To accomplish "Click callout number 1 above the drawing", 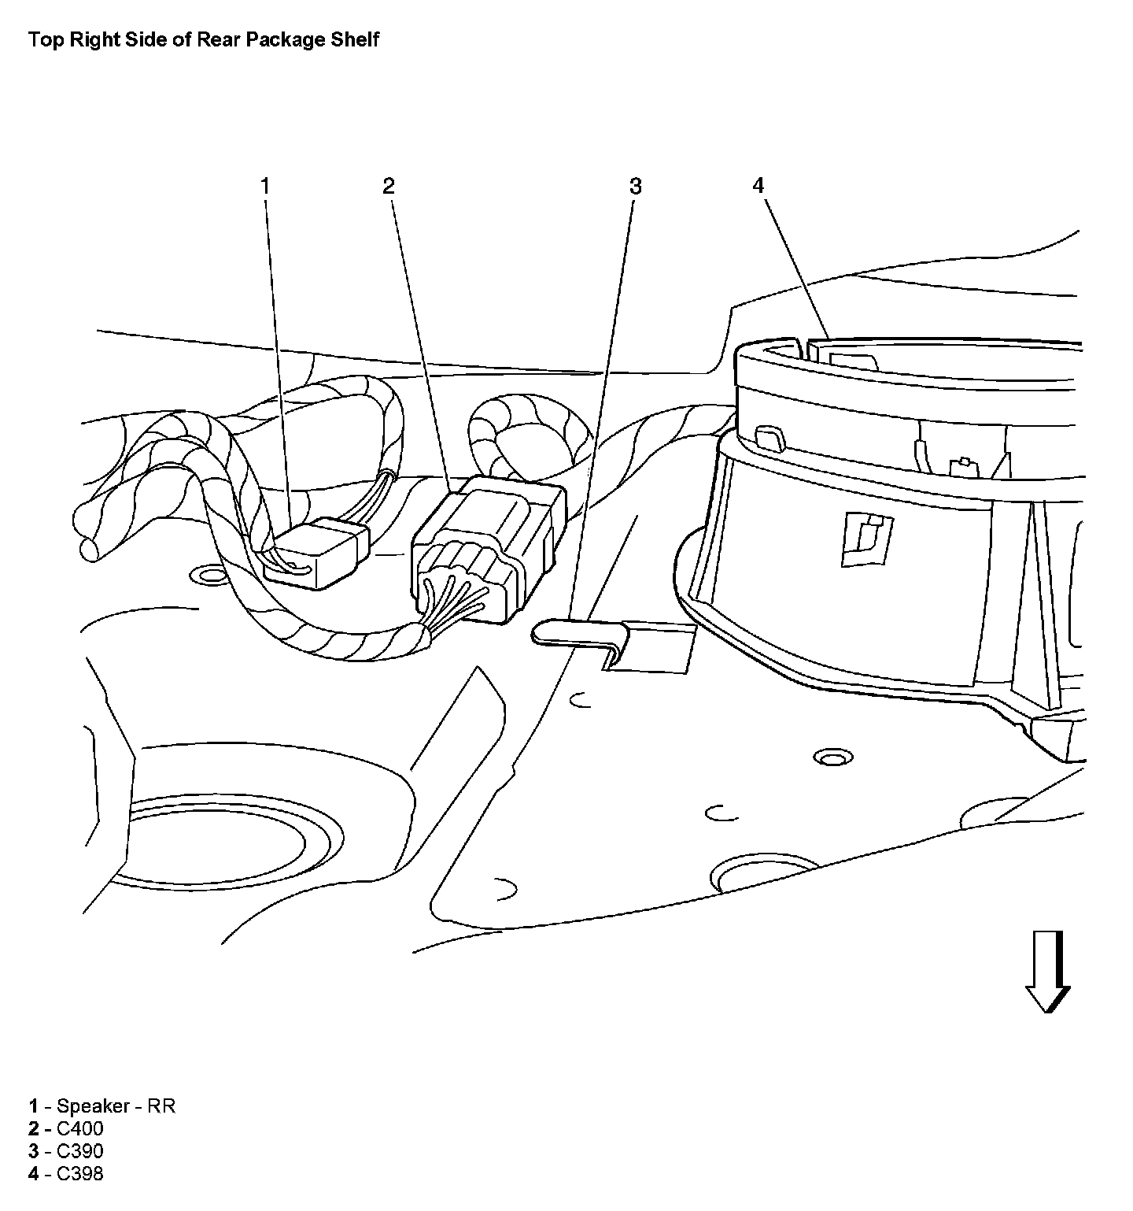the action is pyautogui.click(x=265, y=186).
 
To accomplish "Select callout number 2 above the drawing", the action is pyautogui.click(x=389, y=186).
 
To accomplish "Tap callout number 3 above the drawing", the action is pyautogui.click(x=635, y=187).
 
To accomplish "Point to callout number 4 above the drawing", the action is pyautogui.click(x=758, y=186).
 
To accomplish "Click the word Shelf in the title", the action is pyautogui.click(x=356, y=39).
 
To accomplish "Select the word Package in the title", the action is pyautogui.click(x=286, y=39).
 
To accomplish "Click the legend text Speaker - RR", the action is pyautogui.click(x=116, y=1105).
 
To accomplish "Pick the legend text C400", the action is pyautogui.click(x=80, y=1128).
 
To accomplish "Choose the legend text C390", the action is pyautogui.click(x=80, y=1151).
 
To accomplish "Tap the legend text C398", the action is pyautogui.click(x=80, y=1174).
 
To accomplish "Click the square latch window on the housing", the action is pyautogui.click(x=865, y=539).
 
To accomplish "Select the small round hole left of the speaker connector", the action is pyautogui.click(x=209, y=575).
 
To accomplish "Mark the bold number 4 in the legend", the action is pyautogui.click(x=34, y=1174).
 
